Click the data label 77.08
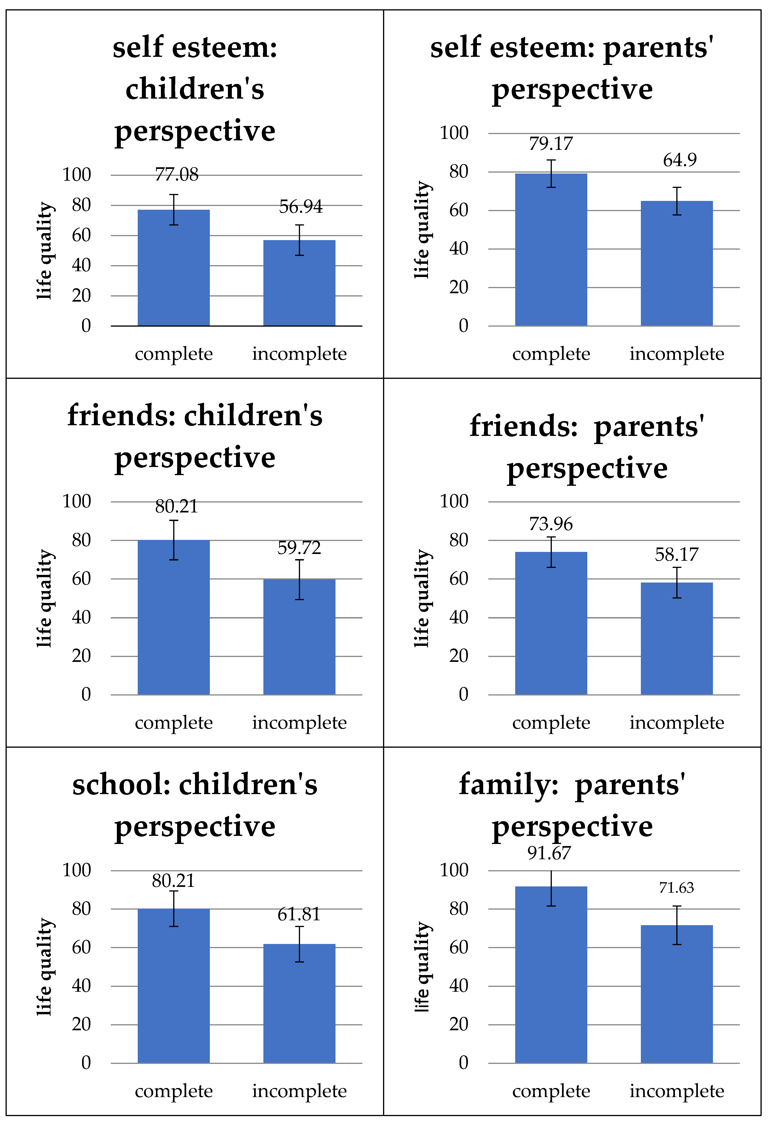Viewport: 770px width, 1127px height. tap(176, 175)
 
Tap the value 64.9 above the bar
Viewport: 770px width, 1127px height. tap(679, 160)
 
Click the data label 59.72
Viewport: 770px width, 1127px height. tap(299, 548)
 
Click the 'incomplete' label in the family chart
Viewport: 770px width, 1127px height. tap(677, 1091)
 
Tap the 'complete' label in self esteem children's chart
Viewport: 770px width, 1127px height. tap(173, 354)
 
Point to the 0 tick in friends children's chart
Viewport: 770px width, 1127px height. tap(86, 694)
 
